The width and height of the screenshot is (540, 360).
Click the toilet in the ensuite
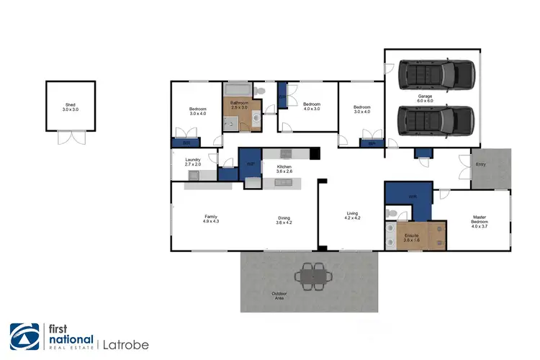click(x=391, y=214)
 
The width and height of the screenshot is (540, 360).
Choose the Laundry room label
click(x=192, y=162)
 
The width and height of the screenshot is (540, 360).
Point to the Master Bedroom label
click(x=479, y=220)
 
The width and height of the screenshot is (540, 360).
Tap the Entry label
click(x=481, y=164)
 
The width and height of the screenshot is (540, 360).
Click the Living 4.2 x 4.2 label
click(x=352, y=216)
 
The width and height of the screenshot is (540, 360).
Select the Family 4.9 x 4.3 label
click(x=211, y=220)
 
